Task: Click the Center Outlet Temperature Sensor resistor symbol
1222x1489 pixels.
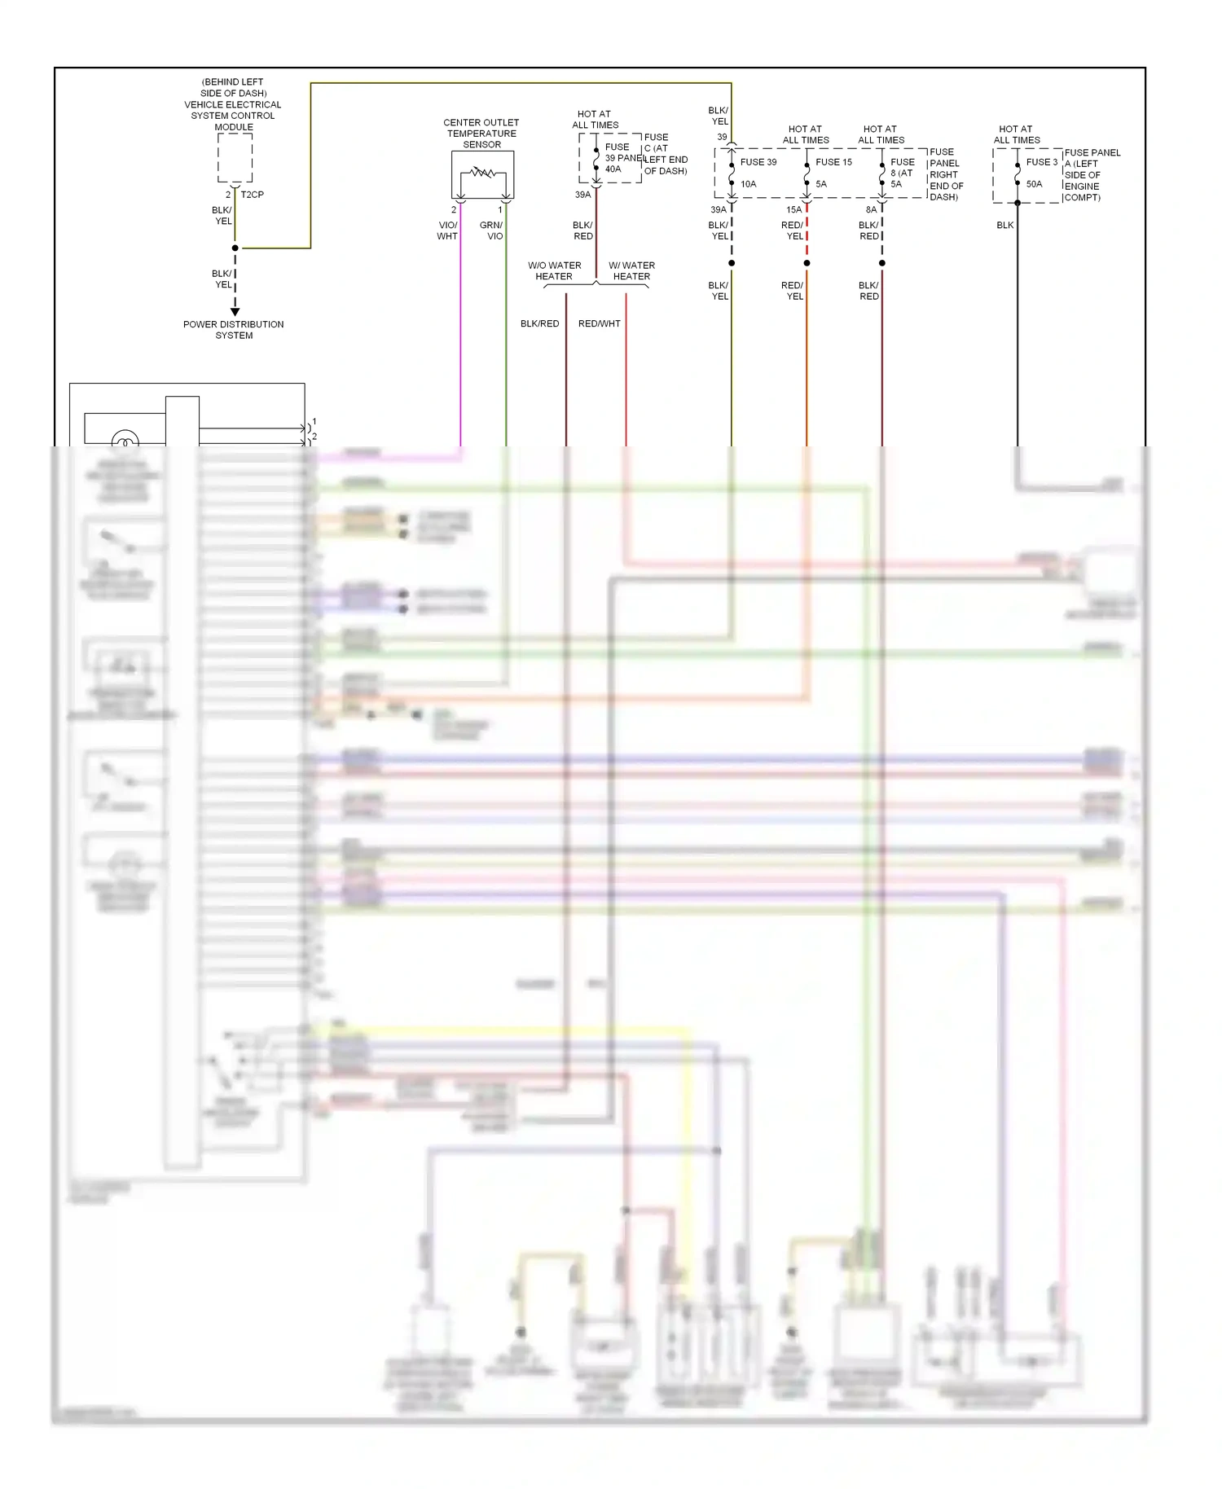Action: [483, 173]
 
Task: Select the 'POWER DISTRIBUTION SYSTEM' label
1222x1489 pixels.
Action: [234, 330]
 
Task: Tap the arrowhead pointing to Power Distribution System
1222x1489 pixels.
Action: [235, 312]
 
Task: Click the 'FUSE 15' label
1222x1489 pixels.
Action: [833, 162]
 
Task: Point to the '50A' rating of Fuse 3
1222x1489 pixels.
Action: [1034, 184]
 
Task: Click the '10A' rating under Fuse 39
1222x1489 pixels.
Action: [748, 184]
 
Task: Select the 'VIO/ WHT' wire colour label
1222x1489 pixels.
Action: [447, 231]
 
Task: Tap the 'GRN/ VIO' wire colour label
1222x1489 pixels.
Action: [491, 231]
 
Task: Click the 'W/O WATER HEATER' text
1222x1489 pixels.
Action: [554, 271]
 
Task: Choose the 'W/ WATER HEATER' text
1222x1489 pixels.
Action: [631, 271]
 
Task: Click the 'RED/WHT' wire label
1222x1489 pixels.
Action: [600, 323]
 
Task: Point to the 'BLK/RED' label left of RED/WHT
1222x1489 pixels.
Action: [539, 323]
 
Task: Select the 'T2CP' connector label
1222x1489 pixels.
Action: [252, 195]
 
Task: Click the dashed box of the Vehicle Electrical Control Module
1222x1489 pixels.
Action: [235, 158]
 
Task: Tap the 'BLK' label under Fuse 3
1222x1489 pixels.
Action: [1005, 225]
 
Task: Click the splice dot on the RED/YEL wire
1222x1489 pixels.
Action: [807, 263]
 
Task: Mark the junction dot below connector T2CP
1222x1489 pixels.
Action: [235, 248]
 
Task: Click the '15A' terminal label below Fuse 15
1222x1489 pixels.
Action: [793, 210]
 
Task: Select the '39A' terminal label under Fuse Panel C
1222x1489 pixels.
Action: [582, 195]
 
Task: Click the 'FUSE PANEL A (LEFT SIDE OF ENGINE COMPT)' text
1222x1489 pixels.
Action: [1091, 175]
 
